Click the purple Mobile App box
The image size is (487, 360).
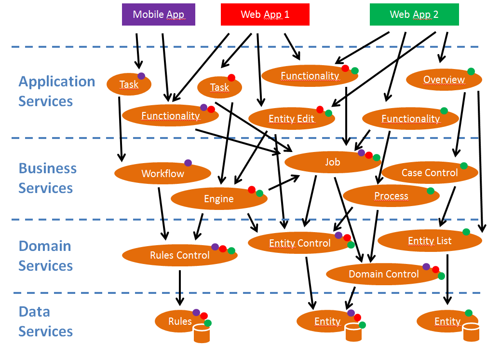[158, 14]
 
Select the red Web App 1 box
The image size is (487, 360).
[265, 14]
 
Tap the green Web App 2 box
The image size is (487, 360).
[414, 14]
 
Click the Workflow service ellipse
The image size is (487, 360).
[162, 173]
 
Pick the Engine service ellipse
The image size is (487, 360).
[219, 199]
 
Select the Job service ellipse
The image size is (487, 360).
[332, 162]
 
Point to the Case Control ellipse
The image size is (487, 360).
[429, 172]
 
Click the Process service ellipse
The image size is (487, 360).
[391, 196]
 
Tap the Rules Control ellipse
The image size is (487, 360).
[179, 255]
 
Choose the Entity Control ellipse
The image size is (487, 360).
[299, 243]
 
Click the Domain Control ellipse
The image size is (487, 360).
[383, 274]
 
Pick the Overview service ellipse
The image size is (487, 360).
[444, 80]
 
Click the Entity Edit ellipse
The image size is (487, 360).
[291, 119]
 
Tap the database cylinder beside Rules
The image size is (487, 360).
[202, 333]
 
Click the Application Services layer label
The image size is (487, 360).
[56, 91]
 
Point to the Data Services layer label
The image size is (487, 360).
[46, 321]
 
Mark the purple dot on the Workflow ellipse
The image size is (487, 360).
[188, 163]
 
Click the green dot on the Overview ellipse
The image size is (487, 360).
[471, 71]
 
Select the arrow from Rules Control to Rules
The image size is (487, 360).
[180, 288]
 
